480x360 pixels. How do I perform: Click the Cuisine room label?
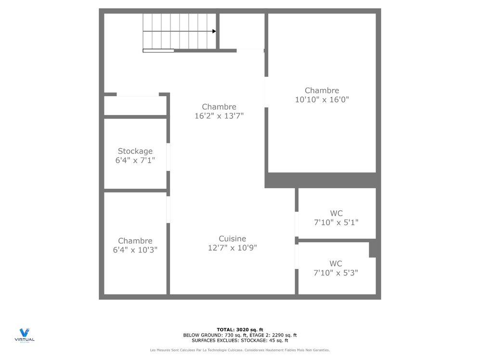point(232,239)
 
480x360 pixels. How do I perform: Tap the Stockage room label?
point(135,151)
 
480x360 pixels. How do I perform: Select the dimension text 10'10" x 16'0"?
point(322,100)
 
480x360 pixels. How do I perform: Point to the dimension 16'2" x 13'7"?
point(219,116)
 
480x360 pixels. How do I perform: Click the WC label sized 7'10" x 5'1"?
point(336,213)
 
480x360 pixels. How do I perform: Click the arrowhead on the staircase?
point(214,31)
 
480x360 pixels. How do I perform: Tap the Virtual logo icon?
point(24,333)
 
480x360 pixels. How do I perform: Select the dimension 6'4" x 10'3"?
point(135,250)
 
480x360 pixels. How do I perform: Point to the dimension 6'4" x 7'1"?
point(135,160)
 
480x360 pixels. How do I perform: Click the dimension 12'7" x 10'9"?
point(232,248)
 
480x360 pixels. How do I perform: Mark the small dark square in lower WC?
point(373,249)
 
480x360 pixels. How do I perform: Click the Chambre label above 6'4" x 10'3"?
point(135,241)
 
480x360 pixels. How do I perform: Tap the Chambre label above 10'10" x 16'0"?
point(322,90)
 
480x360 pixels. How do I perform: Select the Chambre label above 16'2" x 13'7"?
point(219,107)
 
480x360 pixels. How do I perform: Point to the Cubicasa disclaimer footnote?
point(240,350)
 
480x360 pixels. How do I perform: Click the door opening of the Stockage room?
point(168,156)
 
